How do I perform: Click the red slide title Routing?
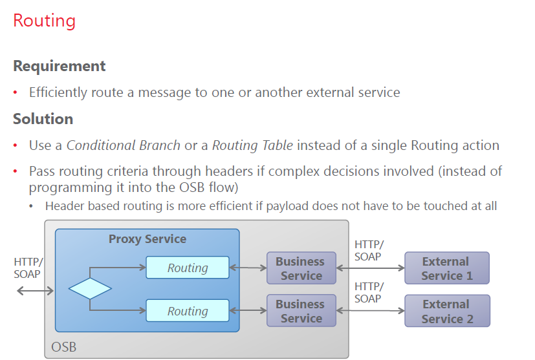[44, 21]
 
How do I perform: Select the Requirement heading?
[59, 66]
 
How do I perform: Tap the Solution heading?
[43, 119]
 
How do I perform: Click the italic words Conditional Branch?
[124, 145]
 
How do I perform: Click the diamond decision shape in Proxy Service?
[90, 288]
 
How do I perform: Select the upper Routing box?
[188, 268]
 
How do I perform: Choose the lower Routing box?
[188, 311]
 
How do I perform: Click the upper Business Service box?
[301, 268]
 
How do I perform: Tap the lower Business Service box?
[301, 311]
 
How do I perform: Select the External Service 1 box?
[446, 268]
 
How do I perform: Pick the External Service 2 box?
[447, 311]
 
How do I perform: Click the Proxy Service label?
[147, 239]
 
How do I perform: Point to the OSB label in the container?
[64, 347]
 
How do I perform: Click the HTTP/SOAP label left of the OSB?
[28, 268]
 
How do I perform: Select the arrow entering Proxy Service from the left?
[35, 291]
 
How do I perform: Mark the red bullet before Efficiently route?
[16, 92]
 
